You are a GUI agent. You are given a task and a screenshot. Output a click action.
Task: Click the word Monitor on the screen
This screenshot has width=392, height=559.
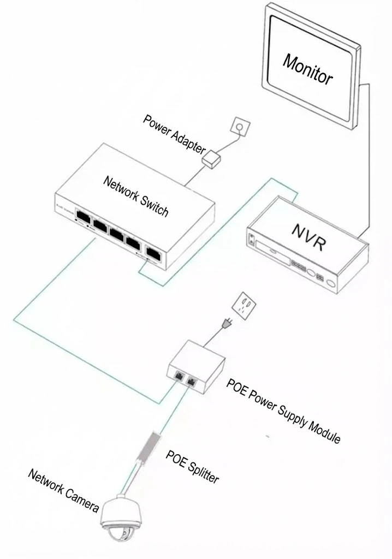click(307, 69)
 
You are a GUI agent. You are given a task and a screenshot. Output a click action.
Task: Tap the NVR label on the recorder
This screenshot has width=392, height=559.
click(309, 237)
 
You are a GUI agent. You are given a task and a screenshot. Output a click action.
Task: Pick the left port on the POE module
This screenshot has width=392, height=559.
click(179, 376)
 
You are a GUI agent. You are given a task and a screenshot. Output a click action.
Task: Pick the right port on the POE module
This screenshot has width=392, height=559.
click(192, 381)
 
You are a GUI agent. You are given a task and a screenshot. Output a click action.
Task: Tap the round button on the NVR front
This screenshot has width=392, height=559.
click(311, 271)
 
